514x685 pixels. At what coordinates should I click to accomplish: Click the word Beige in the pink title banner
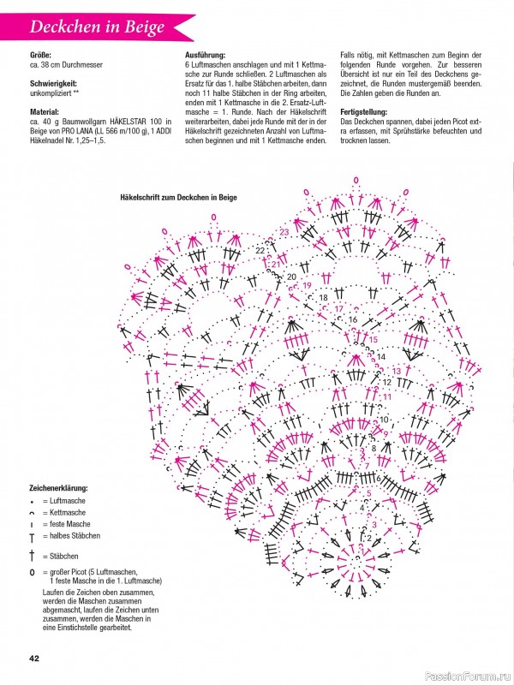pos(142,27)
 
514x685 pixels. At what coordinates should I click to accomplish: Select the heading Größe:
pos(41,56)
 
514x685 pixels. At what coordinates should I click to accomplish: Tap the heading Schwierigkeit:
pos(55,82)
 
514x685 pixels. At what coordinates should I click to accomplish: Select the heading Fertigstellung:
pos(367,112)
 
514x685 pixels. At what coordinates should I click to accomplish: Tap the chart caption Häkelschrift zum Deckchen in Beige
pos(179,196)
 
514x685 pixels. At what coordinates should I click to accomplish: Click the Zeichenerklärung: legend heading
pos(59,487)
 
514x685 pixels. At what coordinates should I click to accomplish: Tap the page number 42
pos(35,658)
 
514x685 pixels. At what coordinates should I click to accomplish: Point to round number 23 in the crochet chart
pos(284,232)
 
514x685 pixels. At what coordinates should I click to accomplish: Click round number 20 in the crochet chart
pos(291,277)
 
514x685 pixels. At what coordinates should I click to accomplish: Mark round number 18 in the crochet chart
pos(323,297)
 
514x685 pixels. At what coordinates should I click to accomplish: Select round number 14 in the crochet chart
pos(381,356)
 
